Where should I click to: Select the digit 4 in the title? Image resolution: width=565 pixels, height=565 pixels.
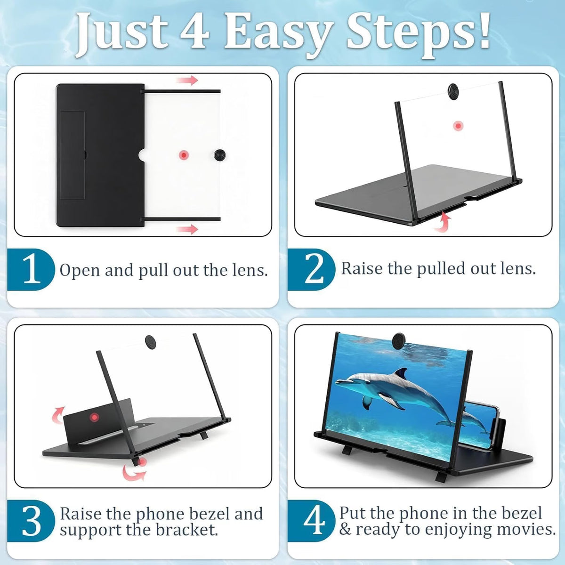point(194,30)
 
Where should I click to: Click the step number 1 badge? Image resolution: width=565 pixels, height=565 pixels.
point(31,269)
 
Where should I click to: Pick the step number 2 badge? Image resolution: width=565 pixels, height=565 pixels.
point(311,269)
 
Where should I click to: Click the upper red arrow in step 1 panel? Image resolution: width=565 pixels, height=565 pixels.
point(187,80)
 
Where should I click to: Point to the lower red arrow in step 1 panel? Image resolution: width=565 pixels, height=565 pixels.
point(187,229)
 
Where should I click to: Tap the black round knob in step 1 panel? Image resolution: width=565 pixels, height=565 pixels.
point(219,154)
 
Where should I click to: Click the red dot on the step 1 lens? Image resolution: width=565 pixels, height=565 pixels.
point(184,155)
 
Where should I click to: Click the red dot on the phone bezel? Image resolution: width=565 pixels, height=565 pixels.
point(94,417)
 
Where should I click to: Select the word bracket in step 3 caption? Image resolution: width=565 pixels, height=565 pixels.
point(186,530)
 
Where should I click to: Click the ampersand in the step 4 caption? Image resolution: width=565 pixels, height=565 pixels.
point(346,530)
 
